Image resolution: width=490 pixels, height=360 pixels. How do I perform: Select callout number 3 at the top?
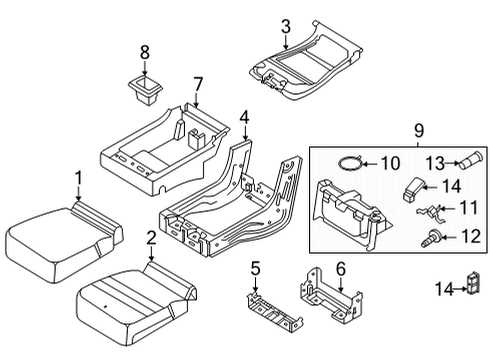point(285,26)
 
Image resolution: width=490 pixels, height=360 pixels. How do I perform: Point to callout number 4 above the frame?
point(244,118)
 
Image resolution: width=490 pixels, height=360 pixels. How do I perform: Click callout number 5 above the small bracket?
point(254,267)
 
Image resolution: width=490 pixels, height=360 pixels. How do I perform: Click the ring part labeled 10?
point(346,162)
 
